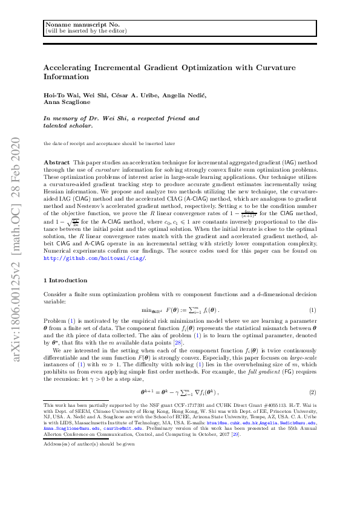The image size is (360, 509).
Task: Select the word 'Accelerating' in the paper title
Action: click(x=70, y=68)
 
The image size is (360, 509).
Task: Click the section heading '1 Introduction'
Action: click(x=67, y=280)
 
